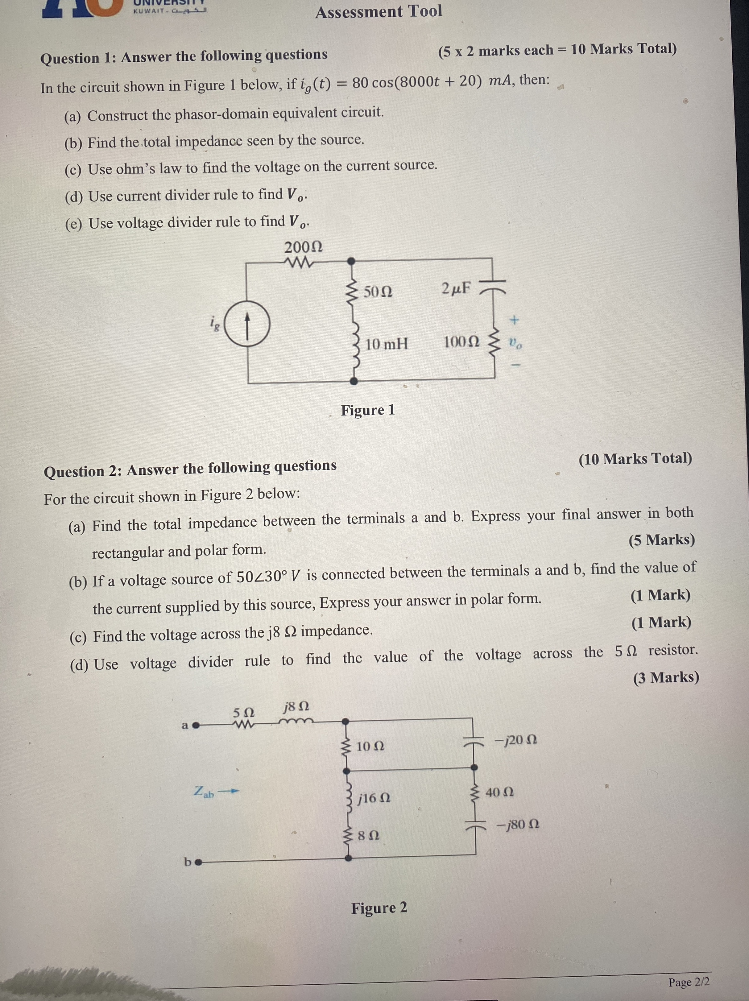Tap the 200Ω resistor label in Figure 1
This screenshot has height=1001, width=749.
coord(303,247)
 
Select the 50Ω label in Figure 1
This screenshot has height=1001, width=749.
coord(378,292)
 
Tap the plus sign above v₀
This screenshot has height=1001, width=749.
coord(514,320)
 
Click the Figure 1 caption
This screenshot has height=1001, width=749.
coord(368,410)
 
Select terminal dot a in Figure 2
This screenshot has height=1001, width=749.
coord(196,726)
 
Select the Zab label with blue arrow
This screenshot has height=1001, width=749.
coord(215,792)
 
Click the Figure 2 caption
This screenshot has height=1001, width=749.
coord(379,908)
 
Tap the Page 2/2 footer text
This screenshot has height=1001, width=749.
coord(689,982)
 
